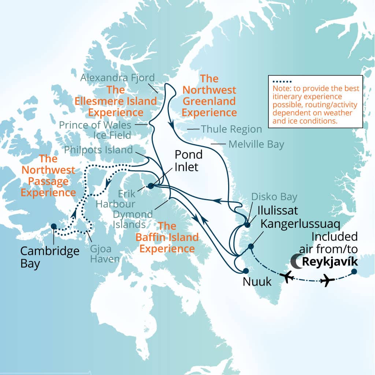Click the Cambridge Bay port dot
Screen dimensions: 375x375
coord(53,226)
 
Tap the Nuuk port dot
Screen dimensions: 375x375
coord(246,271)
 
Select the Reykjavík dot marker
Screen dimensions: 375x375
coord(354,271)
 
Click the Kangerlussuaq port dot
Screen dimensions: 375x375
coord(251,246)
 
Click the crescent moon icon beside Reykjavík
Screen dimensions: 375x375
coord(295,261)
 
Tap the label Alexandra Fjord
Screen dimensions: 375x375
coord(118,78)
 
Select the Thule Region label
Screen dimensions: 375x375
coord(231,129)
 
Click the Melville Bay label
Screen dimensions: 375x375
coord(256,144)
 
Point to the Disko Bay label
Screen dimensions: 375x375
coord(274,197)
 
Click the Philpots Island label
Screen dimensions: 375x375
coord(98,150)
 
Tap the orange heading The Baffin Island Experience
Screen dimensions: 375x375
coord(167,237)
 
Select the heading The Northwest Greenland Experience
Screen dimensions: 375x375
coord(209,95)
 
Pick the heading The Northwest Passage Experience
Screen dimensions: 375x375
coord(48,175)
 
